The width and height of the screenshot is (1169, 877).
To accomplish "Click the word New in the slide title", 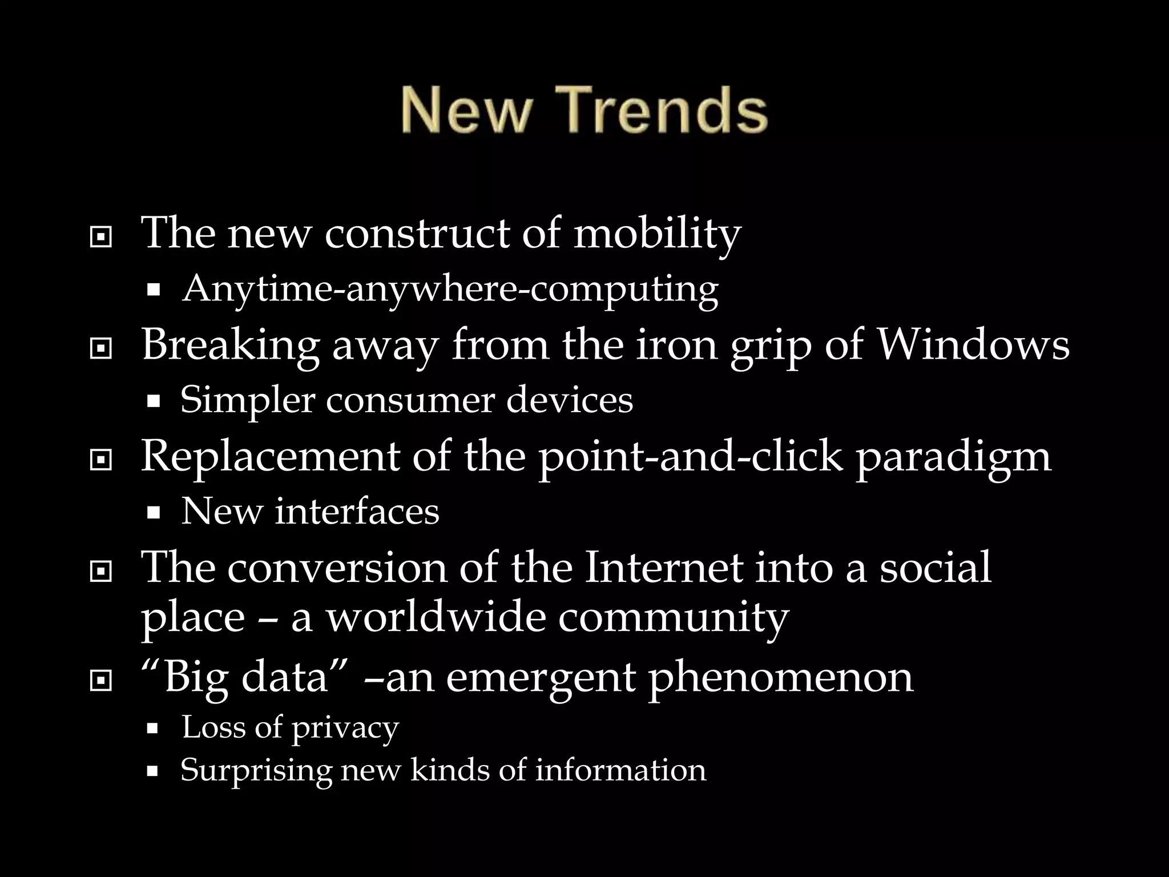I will [465, 110].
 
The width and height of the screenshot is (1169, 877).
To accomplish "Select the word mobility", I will [656, 234].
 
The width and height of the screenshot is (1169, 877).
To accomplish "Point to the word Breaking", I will [229, 346].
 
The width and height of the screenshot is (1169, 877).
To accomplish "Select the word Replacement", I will [269, 457].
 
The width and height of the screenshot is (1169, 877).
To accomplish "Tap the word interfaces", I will [357, 511].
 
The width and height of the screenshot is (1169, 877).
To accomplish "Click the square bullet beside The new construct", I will [101, 237].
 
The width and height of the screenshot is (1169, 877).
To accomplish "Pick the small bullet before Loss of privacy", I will [152, 729].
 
